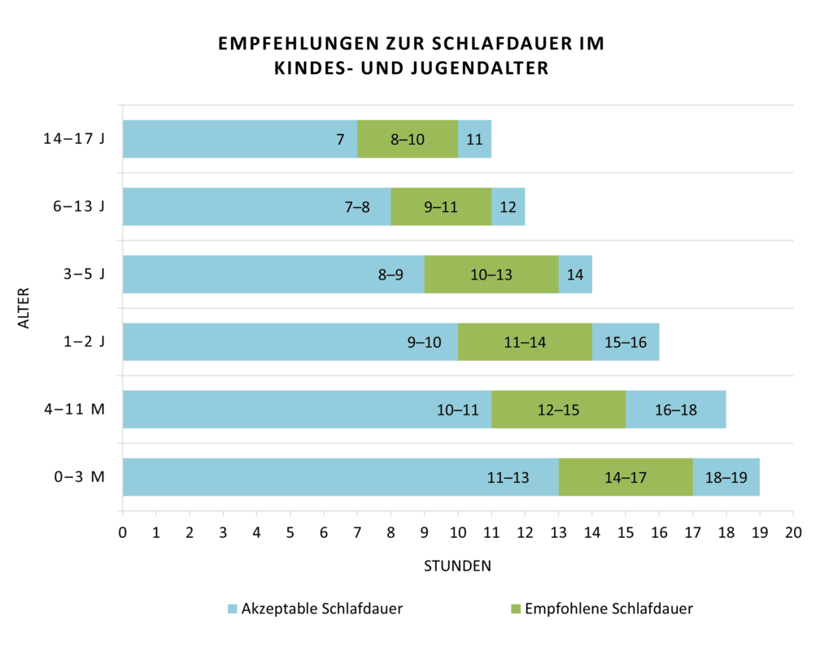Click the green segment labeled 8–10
point(408,139)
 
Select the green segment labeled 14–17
point(626,477)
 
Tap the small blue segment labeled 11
point(474,139)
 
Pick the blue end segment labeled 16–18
point(675,410)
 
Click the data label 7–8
point(357,207)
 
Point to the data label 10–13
point(491,275)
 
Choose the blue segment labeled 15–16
point(626,342)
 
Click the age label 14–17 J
point(74,139)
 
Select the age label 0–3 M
point(79,477)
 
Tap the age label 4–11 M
point(74,410)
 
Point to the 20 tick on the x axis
point(792,533)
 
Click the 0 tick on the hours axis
point(123,533)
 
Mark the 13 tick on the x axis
point(558,533)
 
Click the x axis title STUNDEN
point(457,566)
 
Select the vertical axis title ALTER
point(24,308)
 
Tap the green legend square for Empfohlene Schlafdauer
point(515,609)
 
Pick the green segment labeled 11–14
point(525,342)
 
